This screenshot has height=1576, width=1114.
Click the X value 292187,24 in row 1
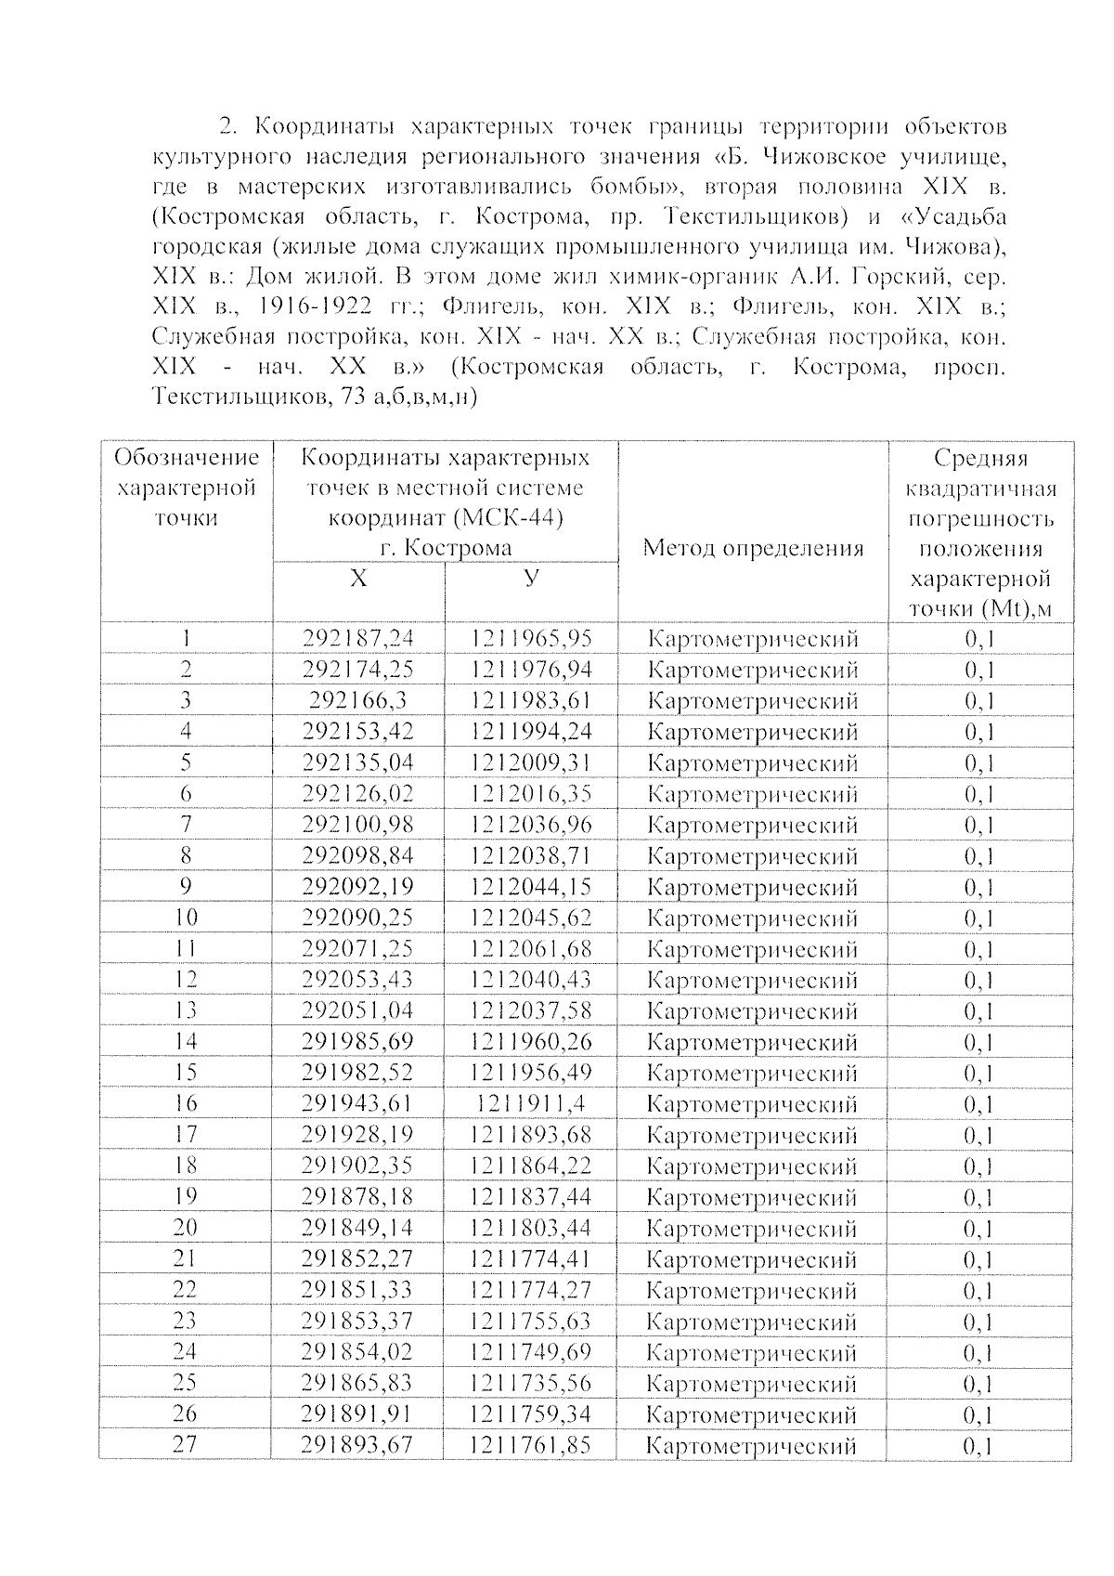tap(357, 638)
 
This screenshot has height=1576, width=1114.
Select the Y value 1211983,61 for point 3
tap(530, 700)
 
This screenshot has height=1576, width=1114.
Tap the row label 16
tap(186, 1103)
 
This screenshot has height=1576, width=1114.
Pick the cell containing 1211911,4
tap(530, 1103)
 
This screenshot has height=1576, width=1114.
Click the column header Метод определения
tap(753, 548)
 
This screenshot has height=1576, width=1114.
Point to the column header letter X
tap(358, 579)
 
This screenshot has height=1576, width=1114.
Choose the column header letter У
tap(530, 579)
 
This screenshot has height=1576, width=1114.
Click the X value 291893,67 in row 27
tap(357, 1445)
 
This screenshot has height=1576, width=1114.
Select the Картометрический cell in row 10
tap(752, 918)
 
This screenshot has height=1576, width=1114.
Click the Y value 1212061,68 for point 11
tap(530, 948)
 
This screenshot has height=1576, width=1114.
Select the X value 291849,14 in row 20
tap(357, 1228)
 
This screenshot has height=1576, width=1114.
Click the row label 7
tap(186, 824)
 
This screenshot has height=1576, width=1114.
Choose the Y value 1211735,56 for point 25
tap(530, 1383)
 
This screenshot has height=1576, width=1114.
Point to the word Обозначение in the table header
tap(187, 457)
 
